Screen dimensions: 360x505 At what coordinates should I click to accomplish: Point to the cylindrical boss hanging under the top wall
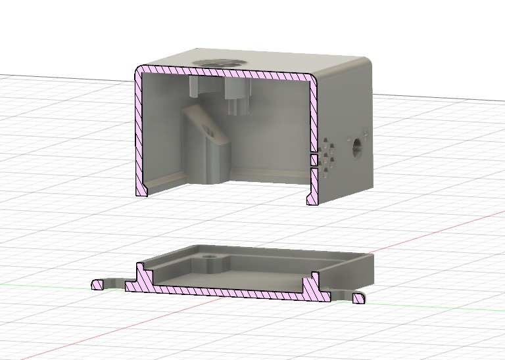point(236,96)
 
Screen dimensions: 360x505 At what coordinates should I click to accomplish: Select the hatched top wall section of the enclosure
point(224,73)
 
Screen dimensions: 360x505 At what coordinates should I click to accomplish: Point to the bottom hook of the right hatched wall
point(312,197)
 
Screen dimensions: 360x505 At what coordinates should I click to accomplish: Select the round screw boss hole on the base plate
point(210,255)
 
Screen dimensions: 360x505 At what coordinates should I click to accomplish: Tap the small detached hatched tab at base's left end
point(99,284)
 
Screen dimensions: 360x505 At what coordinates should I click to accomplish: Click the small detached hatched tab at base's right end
point(358,299)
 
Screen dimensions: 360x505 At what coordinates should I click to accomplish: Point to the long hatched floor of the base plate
point(224,290)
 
